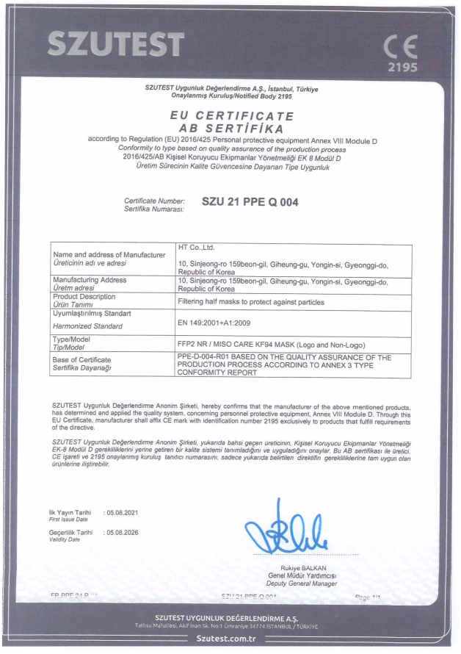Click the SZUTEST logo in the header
(115, 43)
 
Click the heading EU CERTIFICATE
(231, 116)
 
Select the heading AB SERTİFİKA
(231, 126)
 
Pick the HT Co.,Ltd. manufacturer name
(196, 248)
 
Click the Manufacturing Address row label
(90, 280)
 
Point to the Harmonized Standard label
(88, 326)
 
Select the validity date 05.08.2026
(123, 532)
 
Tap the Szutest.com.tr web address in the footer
(230, 639)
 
